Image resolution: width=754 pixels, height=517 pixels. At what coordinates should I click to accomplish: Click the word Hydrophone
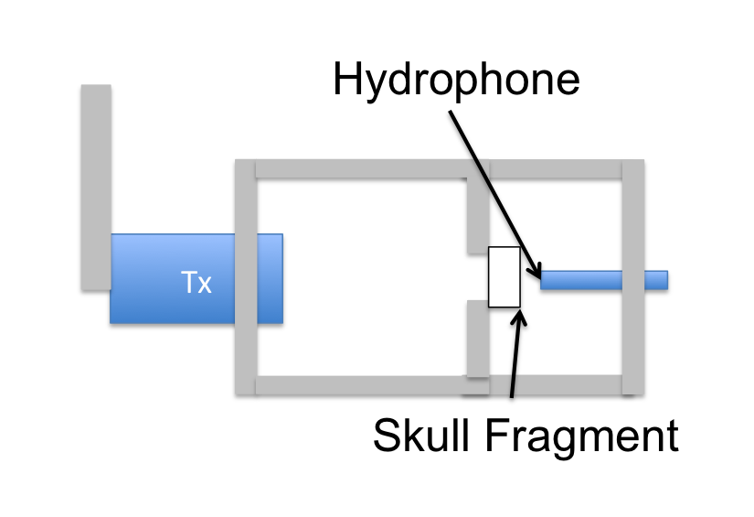click(x=456, y=80)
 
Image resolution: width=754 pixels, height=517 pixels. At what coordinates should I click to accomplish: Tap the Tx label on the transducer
click(x=196, y=283)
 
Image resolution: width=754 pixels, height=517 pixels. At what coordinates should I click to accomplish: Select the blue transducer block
click(x=174, y=278)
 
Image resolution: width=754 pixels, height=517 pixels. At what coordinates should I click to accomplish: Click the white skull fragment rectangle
click(x=504, y=277)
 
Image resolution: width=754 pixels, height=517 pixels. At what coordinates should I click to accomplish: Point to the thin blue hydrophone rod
click(x=585, y=279)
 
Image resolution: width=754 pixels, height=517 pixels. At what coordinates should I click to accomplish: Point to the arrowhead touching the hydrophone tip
click(x=536, y=270)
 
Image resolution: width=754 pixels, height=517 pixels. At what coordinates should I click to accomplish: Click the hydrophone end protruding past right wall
click(x=656, y=279)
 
